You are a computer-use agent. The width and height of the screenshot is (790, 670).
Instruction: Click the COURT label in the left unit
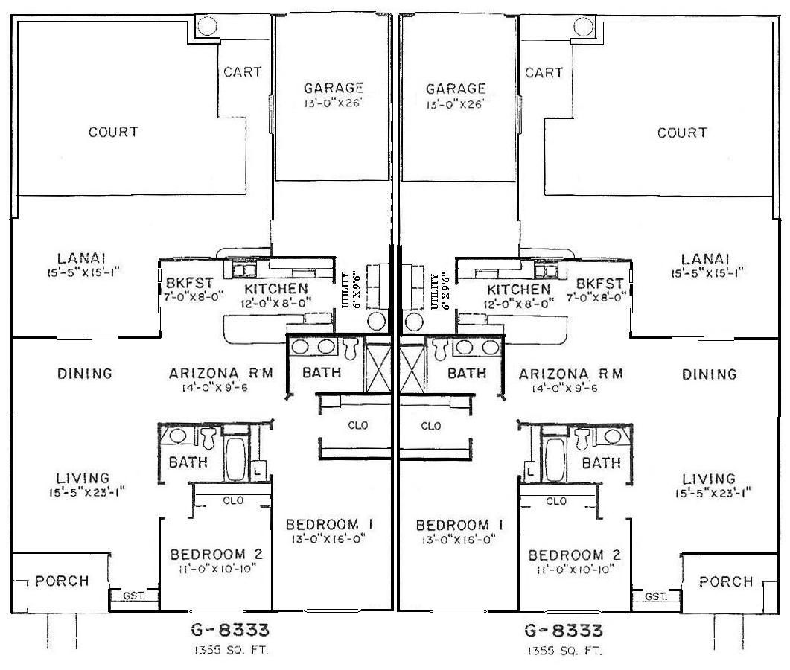(x=113, y=133)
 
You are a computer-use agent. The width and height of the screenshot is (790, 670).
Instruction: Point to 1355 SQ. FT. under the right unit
(x=563, y=650)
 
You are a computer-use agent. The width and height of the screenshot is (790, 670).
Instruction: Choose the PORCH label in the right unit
(x=726, y=581)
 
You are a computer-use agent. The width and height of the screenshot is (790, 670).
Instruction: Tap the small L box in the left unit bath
(x=256, y=470)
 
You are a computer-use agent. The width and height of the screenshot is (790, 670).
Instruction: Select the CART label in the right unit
(x=544, y=72)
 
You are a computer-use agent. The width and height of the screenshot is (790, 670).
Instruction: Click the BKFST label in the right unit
(x=599, y=284)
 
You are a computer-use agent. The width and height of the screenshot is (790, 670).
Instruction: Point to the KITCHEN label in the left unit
(x=276, y=288)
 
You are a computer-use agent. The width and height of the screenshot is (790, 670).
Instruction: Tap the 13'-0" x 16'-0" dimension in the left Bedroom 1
(x=329, y=540)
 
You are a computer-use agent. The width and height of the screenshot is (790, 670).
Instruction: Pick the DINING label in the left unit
(x=84, y=374)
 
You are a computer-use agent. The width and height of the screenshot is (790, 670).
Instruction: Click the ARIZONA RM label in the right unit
(x=570, y=374)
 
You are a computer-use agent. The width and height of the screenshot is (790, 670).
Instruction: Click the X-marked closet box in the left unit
(x=374, y=368)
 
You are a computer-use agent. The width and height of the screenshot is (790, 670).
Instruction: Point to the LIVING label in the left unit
(x=83, y=478)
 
